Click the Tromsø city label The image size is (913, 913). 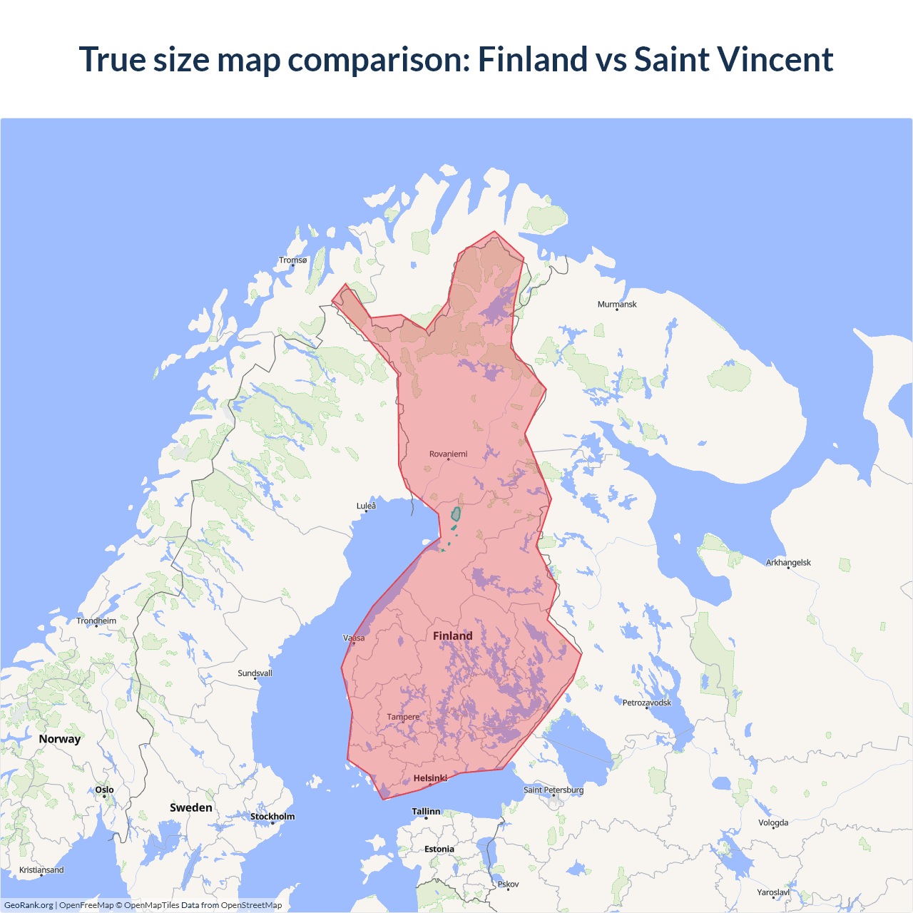[292, 260]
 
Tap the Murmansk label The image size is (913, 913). [617, 305]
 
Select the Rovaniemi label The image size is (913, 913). [448, 454]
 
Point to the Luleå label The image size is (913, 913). [366, 506]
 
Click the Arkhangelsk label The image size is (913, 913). [788, 563]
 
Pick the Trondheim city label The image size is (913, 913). [96, 621]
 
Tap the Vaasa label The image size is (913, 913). [354, 638]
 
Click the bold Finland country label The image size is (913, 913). [452, 636]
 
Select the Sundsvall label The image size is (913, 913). [255, 673]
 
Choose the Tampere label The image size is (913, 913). [403, 718]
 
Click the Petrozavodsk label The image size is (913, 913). [646, 703]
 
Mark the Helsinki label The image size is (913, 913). [430, 778]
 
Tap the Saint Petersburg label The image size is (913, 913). [554, 790]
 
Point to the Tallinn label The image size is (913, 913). [426, 812]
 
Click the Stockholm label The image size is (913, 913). [272, 817]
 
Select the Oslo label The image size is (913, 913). [104, 790]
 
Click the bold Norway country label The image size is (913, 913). [60, 739]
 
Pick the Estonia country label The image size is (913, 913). [439, 850]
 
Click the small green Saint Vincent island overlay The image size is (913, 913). [456, 514]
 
